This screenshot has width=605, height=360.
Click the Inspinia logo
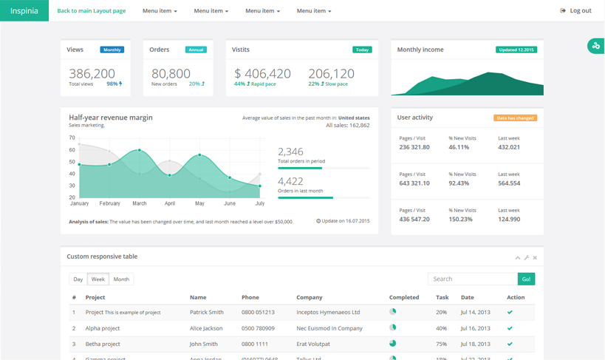[24, 10]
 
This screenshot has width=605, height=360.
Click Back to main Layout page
[91, 11]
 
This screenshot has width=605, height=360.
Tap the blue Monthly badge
[112, 50]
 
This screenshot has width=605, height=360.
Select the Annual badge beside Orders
[196, 50]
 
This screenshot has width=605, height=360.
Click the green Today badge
[362, 50]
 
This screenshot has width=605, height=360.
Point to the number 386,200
[92, 73]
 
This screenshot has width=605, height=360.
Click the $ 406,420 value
[262, 73]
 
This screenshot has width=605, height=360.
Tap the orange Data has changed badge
[515, 118]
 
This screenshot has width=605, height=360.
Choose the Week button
[98, 279]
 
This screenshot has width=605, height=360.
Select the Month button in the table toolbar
[121, 279]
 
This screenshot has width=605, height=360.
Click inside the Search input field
[472, 279]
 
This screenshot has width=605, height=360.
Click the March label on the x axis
[140, 203]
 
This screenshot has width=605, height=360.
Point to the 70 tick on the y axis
[72, 138]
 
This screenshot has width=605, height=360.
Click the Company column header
[310, 297]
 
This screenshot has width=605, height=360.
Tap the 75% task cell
[441, 344]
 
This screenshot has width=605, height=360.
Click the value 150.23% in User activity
[460, 219]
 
